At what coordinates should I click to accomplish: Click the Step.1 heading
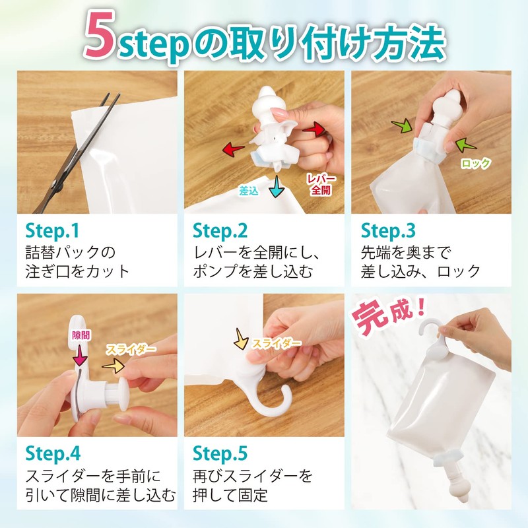point(52,230)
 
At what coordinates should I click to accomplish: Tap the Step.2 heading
point(220,230)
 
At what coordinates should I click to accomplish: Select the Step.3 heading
point(387,230)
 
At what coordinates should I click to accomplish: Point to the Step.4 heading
point(53,453)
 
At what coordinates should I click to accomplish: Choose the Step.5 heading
point(220,453)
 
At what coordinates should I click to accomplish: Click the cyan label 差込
point(249,191)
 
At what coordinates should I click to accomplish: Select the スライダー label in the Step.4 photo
point(135,348)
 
